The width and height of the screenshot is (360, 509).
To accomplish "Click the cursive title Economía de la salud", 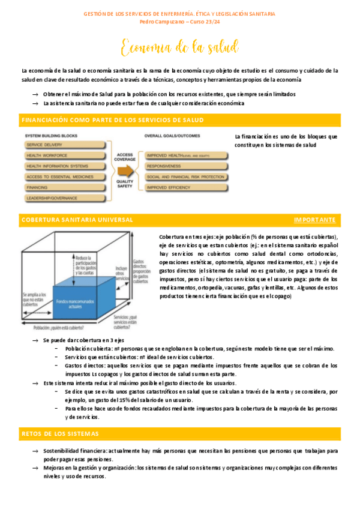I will pyautogui.click(x=179, y=47).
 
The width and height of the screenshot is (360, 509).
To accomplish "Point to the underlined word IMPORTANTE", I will pyautogui.click(x=315, y=220).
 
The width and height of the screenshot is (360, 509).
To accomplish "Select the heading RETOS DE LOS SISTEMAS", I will pyautogui.click(x=61, y=433).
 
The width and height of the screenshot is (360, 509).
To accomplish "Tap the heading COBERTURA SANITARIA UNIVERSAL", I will pyautogui.click(x=77, y=220).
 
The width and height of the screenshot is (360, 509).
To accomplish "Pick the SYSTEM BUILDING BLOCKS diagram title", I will pyautogui.click(x=58, y=136).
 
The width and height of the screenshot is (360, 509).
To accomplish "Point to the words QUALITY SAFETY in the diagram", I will pyautogui.click(x=125, y=183).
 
